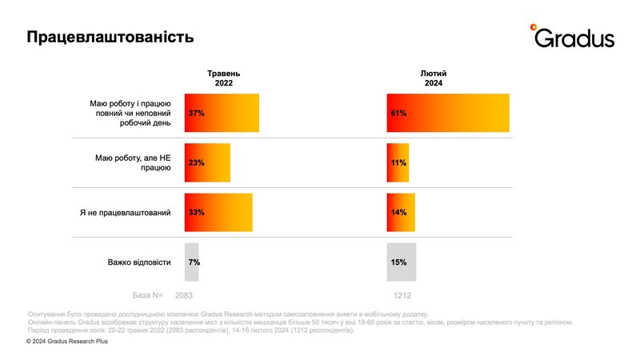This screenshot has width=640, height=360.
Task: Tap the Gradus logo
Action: point(573,37)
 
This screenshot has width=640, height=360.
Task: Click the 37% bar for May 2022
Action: point(222,114)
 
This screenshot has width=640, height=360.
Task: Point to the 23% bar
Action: point(207,162)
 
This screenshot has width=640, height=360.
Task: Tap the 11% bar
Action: point(398,162)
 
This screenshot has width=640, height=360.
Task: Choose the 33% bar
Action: point(218,213)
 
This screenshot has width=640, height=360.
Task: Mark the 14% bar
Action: point(401,213)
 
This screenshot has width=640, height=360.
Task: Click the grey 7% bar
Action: point(192,262)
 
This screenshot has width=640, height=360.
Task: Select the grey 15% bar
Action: point(402,262)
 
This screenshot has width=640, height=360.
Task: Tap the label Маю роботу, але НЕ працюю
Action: point(134,162)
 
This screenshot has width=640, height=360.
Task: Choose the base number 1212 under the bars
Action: point(402,294)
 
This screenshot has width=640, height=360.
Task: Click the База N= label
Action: point(150,294)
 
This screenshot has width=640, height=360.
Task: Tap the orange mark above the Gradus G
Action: point(534,28)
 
